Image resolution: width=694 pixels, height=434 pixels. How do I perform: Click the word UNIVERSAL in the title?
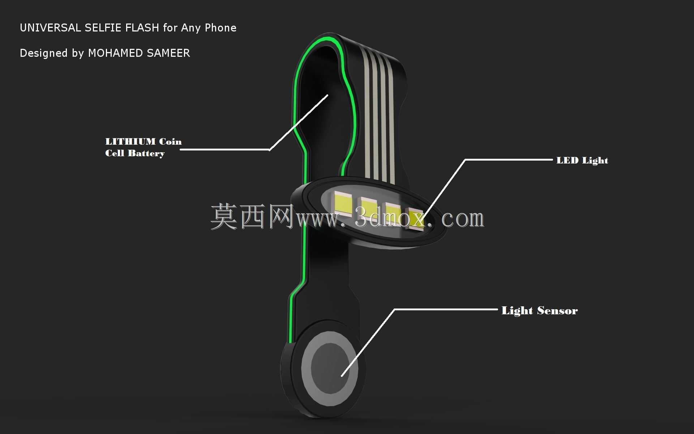point(50,28)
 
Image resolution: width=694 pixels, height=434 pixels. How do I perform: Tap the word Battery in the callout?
point(146,153)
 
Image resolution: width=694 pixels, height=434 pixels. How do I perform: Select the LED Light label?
point(582,160)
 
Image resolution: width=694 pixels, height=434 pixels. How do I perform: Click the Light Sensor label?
point(540,311)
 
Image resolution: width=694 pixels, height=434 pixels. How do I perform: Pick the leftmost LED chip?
point(343,203)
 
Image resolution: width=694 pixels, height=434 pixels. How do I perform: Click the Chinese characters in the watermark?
point(252,216)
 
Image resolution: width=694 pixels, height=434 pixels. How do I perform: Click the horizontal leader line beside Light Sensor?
point(446,310)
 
